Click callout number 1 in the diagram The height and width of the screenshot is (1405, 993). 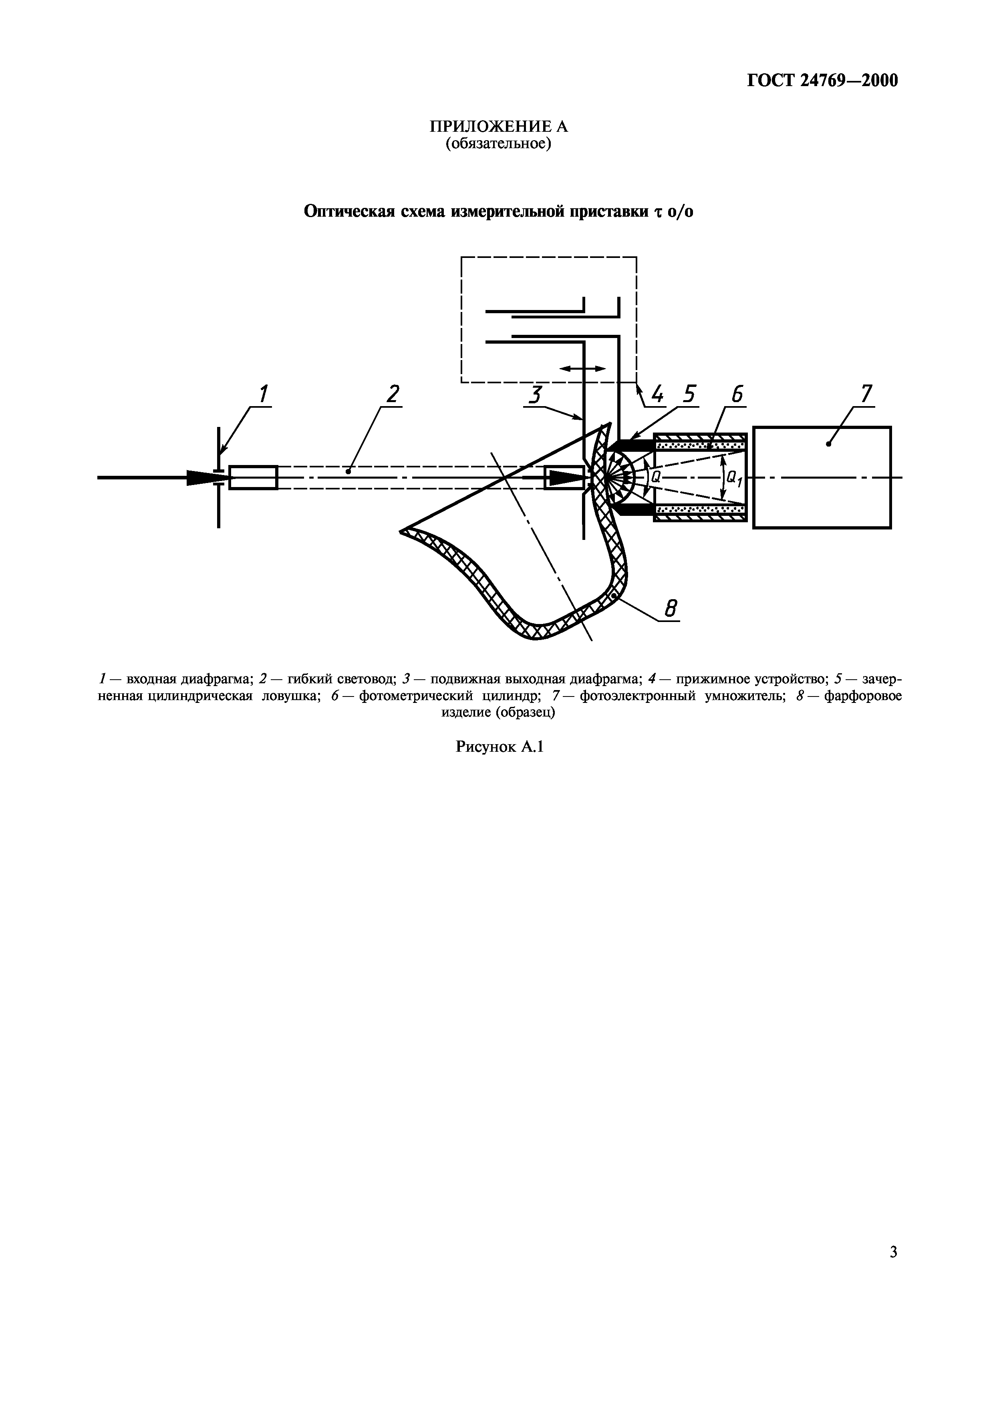(263, 394)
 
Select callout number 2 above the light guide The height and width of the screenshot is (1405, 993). (392, 394)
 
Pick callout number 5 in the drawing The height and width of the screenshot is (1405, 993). (689, 394)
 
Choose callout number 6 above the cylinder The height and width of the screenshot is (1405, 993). (737, 394)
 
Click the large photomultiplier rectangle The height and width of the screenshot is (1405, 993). (822, 477)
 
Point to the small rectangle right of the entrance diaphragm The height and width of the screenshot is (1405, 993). (253, 477)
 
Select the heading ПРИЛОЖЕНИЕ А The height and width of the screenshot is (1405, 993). (499, 127)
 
